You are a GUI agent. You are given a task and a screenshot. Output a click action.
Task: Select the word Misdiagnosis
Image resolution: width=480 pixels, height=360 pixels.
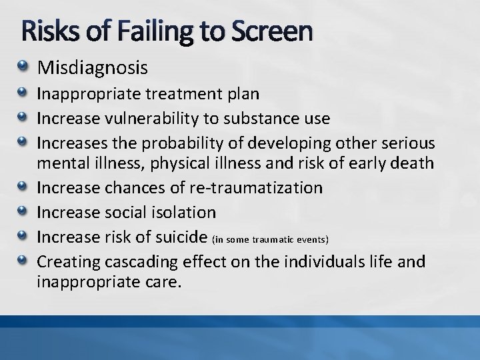pos(93,67)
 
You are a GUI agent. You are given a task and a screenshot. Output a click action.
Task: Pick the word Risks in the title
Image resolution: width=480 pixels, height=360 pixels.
pos(44,31)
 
